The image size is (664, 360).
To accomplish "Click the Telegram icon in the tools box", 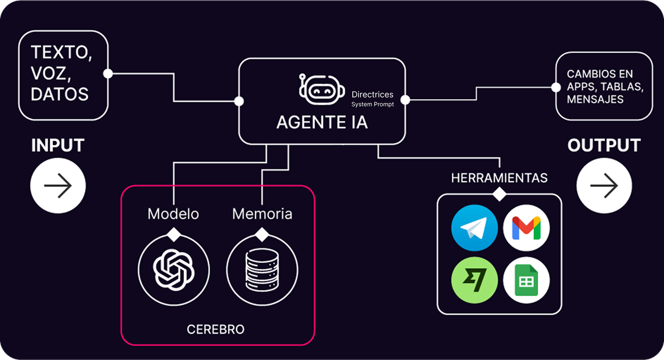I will [474, 228].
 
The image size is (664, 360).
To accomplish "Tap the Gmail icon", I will [526, 228].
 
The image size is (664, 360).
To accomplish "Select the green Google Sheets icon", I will [526, 280].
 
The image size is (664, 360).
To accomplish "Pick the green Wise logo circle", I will [474, 280].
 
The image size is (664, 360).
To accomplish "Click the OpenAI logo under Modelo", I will [174, 270].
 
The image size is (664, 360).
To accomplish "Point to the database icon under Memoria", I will [262, 270].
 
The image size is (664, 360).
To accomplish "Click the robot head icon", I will [321, 89].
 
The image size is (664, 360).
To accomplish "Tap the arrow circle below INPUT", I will [58, 186].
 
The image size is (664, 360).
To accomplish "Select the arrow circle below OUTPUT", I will [604, 186].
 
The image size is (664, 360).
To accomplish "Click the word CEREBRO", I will [215, 329].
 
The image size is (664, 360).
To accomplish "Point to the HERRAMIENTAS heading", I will [499, 178].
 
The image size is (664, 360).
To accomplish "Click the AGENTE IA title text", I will [322, 123].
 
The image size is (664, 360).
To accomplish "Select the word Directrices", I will [372, 94].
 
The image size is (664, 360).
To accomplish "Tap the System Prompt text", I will [372, 104].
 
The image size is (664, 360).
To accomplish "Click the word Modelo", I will [173, 214].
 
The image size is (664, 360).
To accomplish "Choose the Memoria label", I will [262, 214].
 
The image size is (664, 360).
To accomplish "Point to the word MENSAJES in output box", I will [595, 99].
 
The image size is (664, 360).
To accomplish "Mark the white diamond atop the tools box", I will [499, 194].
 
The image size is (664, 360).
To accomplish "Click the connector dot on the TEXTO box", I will [108, 74].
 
